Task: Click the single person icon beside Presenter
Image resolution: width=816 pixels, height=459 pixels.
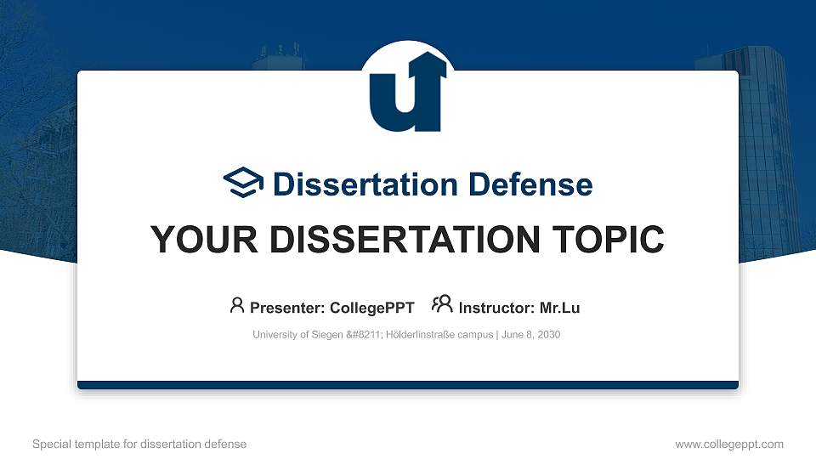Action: point(237,305)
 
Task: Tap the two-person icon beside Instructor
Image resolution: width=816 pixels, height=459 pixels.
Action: point(442,305)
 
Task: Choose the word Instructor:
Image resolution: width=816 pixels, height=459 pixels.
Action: point(496,308)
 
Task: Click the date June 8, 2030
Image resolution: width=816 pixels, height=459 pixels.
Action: point(530,335)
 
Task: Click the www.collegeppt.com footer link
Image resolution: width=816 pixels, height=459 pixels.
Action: point(729,444)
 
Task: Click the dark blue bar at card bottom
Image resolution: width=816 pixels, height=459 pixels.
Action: point(407,385)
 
